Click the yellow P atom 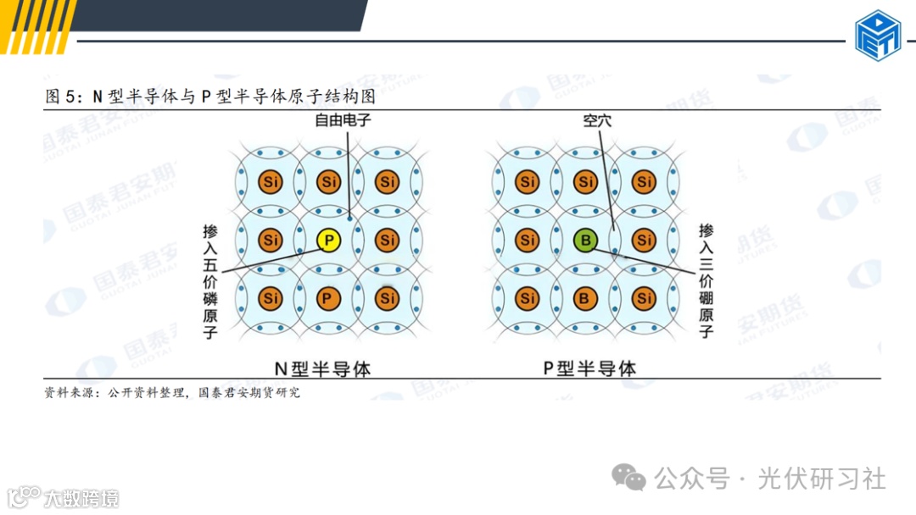(x=329, y=241)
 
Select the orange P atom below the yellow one (x=329, y=298)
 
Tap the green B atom (x=585, y=241)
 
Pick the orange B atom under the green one (x=585, y=298)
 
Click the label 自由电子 (x=343, y=121)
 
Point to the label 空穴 (x=597, y=121)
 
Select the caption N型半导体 (x=322, y=368)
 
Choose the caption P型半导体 (x=589, y=368)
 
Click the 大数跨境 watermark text (x=81, y=498)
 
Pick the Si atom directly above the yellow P (x=329, y=182)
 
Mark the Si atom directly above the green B (x=585, y=182)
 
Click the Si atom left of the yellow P (x=271, y=241)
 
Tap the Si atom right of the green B (x=644, y=241)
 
